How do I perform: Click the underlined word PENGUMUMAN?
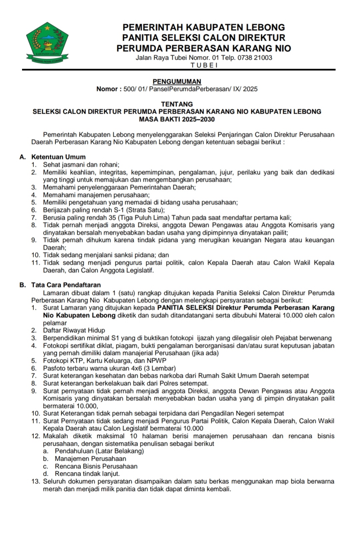click(x=177, y=82)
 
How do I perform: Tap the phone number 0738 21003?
click(x=255, y=58)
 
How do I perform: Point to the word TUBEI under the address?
click(x=204, y=65)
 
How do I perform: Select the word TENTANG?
click(x=177, y=104)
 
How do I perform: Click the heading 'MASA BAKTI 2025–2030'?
click(x=177, y=119)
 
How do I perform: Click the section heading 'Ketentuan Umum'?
click(x=58, y=157)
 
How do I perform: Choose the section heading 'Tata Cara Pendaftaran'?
click(x=66, y=285)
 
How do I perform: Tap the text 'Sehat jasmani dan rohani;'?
click(x=81, y=165)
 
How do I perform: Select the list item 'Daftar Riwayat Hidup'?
click(x=74, y=330)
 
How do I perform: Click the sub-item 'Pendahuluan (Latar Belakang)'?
click(x=99, y=451)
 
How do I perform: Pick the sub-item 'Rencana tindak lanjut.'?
click(x=87, y=474)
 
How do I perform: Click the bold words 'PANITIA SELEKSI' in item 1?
click(x=185, y=307)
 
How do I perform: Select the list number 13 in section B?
click(x=35, y=482)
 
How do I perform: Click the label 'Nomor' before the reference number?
click(x=107, y=89)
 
